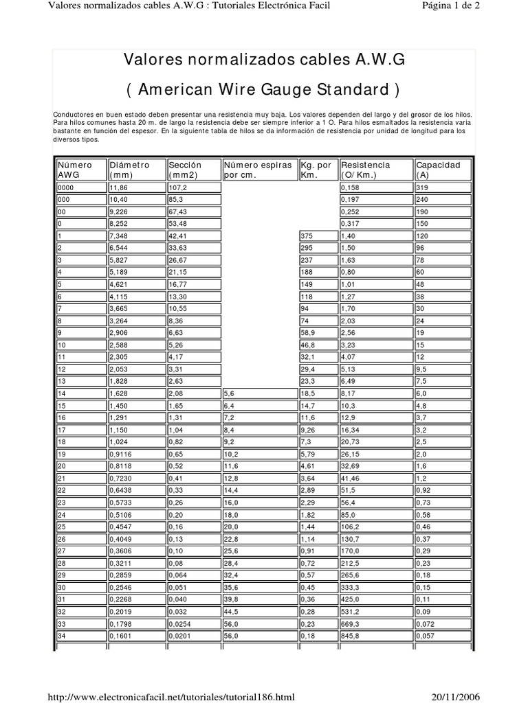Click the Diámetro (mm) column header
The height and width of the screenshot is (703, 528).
coord(129,170)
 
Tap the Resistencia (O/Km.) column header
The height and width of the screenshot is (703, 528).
coord(365,170)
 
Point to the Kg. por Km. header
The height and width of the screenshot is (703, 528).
coord(316,170)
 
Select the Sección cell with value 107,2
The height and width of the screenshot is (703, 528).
coord(177,187)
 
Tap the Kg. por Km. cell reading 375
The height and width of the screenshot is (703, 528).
coord(309,235)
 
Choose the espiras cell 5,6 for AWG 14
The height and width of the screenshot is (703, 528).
coord(230,393)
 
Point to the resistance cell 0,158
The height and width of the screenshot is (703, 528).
coord(351,187)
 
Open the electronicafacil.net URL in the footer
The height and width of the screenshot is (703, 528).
coord(170,697)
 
